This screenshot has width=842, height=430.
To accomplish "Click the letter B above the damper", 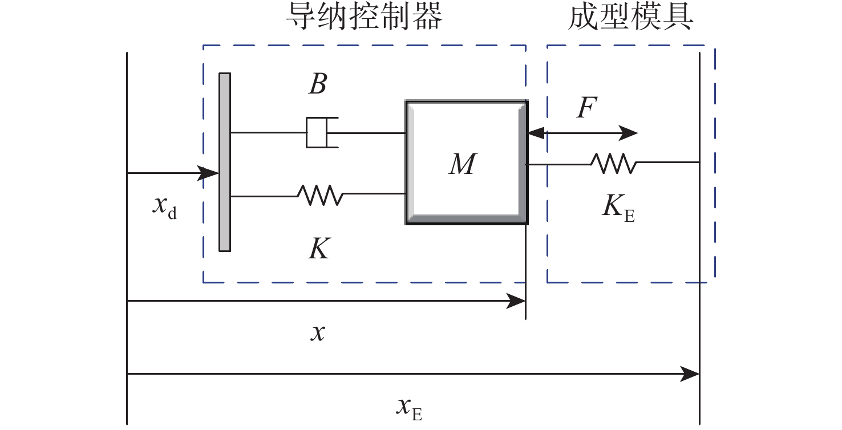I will [x=317, y=86].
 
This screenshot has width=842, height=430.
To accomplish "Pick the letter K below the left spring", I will [x=318, y=250].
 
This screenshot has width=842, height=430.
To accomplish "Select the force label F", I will [x=586, y=108].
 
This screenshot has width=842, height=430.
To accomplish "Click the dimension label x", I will [x=317, y=333].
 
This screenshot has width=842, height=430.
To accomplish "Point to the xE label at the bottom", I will [x=408, y=409].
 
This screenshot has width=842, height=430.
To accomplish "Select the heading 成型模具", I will [x=631, y=18].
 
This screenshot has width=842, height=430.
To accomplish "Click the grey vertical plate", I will [x=225, y=162].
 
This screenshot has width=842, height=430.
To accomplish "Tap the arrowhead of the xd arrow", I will [x=211, y=173].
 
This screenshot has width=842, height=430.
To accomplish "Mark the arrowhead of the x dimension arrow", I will [x=517, y=302].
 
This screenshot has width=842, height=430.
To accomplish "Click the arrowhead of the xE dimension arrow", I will [x=692, y=375].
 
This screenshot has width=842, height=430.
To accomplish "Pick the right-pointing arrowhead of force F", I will [x=630, y=133].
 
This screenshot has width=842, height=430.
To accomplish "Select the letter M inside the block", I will [x=462, y=165].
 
